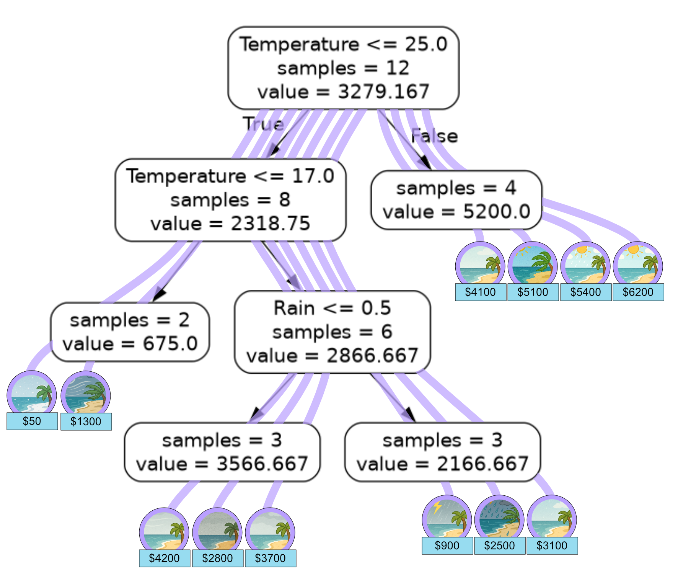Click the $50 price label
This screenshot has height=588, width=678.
coord(32,421)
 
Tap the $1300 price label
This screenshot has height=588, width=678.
coord(86,421)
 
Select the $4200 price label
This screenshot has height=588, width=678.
coord(165,558)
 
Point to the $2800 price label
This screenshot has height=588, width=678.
coord(218,558)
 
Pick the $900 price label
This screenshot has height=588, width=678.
coord(447,546)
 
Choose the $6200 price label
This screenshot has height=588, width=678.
coord(638,292)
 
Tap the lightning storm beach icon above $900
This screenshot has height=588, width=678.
coord(447,519)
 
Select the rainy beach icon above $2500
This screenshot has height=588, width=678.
coord(499,519)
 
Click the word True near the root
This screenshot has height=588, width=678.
coord(263,124)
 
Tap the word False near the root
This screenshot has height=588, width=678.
coord(435,136)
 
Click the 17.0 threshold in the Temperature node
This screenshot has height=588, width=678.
coord(313,176)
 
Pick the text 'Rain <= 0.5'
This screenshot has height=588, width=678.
coord(332,308)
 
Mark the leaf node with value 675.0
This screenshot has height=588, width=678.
coord(130,332)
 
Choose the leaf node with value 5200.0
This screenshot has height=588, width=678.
coord(456,200)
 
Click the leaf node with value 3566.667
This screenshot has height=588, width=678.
coord(222,452)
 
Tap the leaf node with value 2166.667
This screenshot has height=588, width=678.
coord(443,452)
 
